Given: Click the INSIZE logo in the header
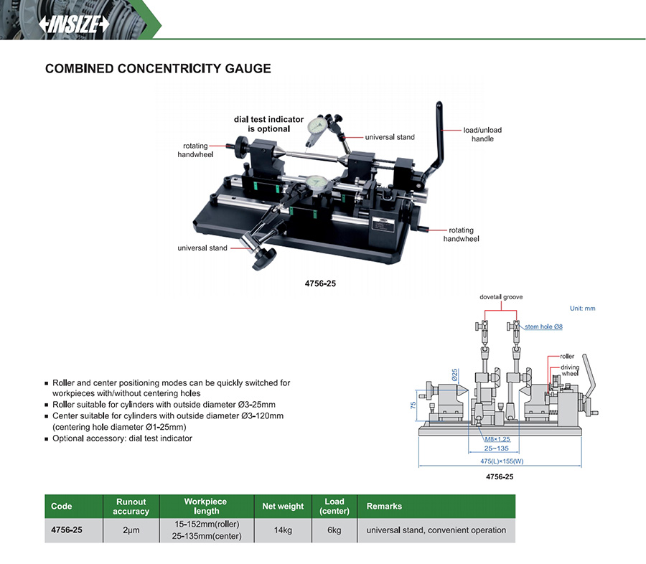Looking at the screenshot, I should tap(75, 24).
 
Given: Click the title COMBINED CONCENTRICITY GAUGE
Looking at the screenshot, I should tap(158, 69).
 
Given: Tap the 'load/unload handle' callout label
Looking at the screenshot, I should tap(482, 134).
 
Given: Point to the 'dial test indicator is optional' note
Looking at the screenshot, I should tap(268, 124).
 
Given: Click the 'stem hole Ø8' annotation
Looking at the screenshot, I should tap(543, 326).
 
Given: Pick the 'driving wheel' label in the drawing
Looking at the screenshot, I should tap(570, 371).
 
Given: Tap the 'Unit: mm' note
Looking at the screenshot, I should tap(582, 309).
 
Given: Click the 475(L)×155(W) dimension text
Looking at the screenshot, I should tap(502, 461).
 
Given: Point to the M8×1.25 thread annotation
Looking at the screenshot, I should tap(497, 439).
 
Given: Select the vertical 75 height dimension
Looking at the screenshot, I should tap(413, 405).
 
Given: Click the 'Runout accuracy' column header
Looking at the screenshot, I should tap(131, 507).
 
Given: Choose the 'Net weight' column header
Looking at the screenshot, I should tap(283, 507).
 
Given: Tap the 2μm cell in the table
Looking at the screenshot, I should tap(131, 530).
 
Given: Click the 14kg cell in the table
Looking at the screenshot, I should tap(283, 530).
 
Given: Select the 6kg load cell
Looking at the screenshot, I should tap(334, 530).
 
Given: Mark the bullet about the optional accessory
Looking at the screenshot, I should tap(122, 438).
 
